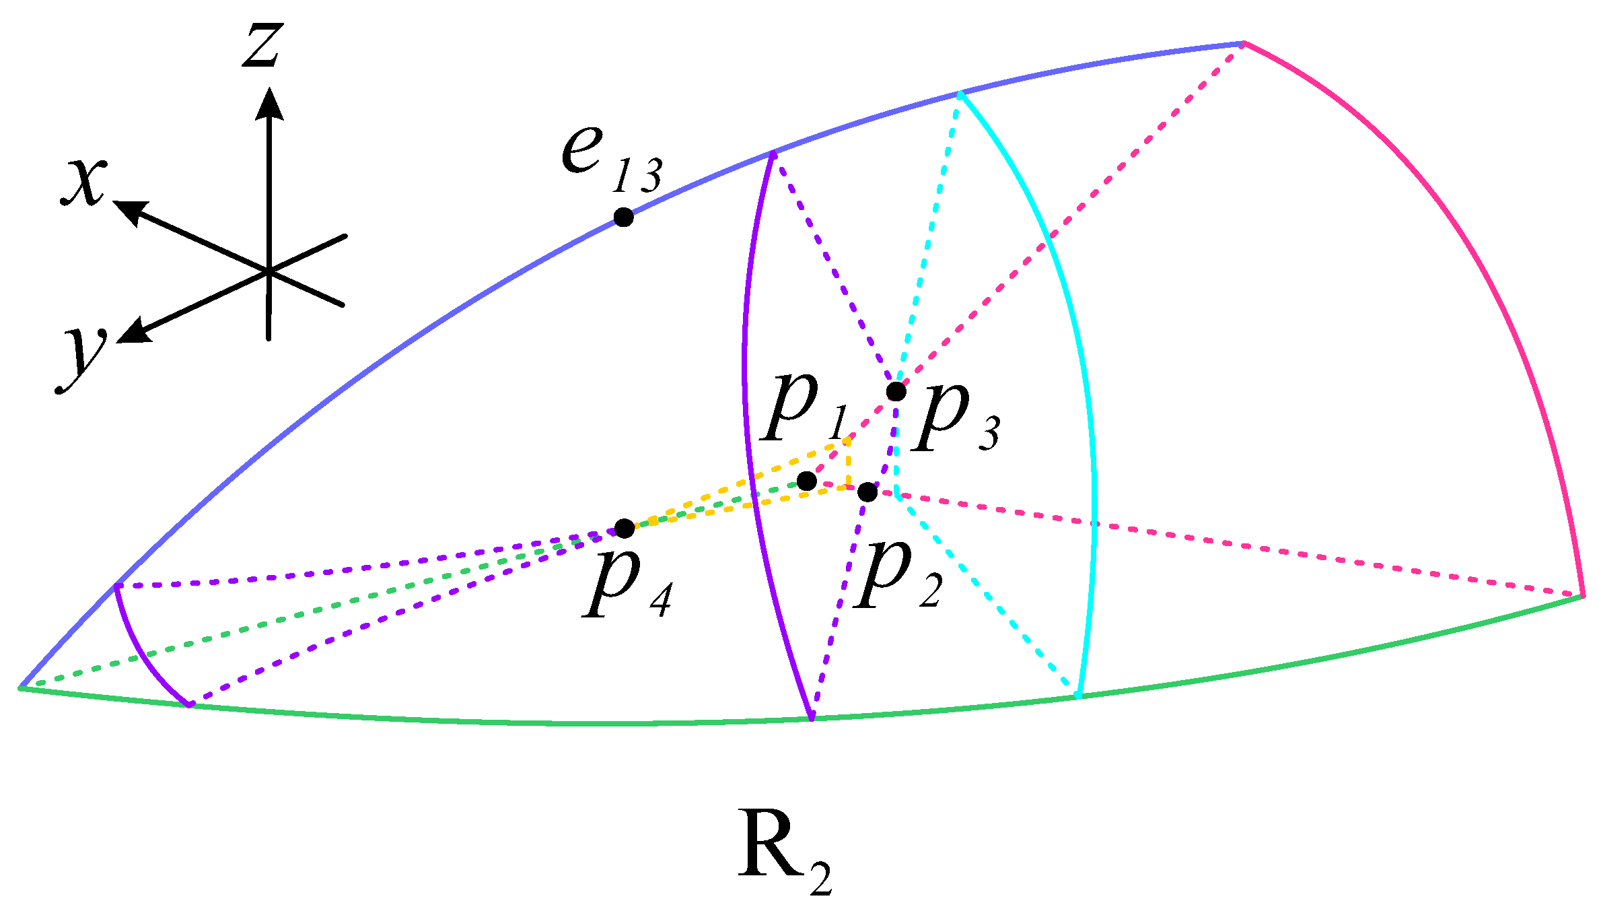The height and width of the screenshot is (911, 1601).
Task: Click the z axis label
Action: tap(262, 44)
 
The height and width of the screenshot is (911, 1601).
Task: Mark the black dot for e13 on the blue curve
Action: tap(624, 217)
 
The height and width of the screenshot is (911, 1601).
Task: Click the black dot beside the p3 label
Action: tap(896, 391)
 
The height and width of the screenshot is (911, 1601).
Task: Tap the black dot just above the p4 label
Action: tap(625, 529)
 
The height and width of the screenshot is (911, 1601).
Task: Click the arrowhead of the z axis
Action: tap(269, 102)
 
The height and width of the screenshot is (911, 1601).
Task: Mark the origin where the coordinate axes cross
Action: tap(269, 271)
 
